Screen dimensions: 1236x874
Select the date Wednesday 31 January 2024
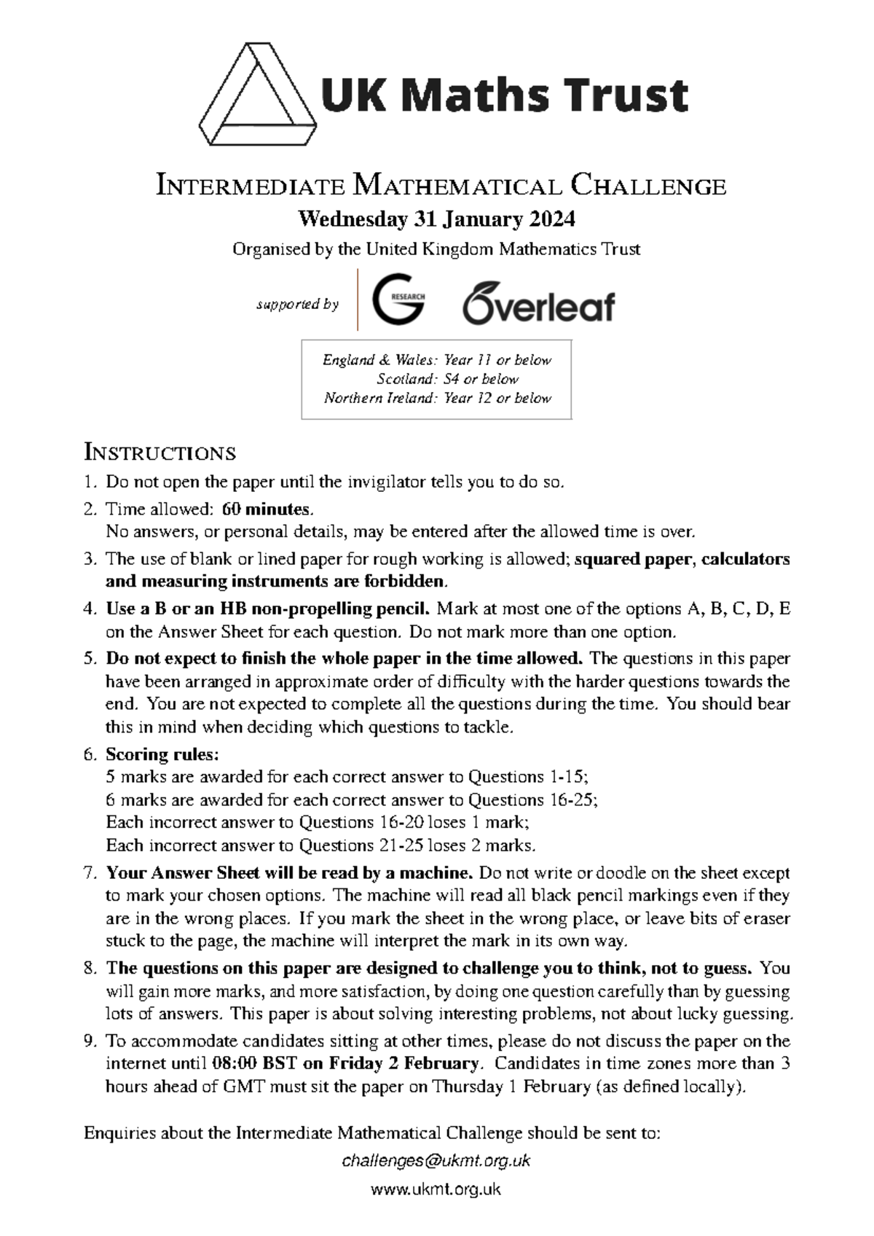[x=436, y=219]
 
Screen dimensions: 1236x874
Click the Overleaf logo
[x=538, y=303]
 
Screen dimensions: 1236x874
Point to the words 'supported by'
[x=298, y=304]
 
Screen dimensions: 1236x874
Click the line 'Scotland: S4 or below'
[x=447, y=379]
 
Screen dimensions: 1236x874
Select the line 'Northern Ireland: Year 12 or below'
[x=437, y=398]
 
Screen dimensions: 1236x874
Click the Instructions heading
[x=160, y=453]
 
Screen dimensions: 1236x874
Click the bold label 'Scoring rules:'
[x=162, y=754]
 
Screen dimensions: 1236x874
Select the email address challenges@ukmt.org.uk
[x=436, y=1160]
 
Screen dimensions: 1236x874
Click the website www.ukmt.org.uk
[x=436, y=1189]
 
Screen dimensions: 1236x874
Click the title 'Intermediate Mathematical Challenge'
[x=441, y=186]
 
